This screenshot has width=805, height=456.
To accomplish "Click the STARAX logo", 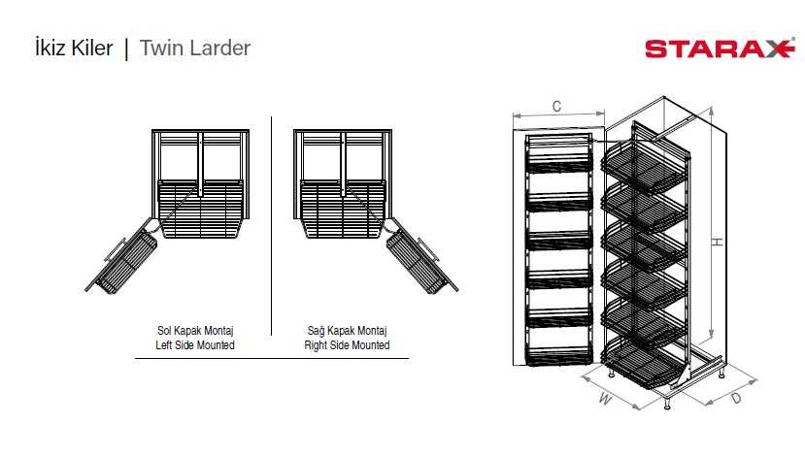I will [x=719, y=49].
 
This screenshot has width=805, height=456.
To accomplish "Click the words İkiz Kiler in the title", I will [x=74, y=48].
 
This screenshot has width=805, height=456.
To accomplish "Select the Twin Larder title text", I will [x=195, y=48].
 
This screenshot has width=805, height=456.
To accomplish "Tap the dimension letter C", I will [x=556, y=107].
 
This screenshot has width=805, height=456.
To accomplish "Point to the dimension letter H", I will [x=716, y=243].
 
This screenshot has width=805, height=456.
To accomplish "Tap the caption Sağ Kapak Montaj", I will [x=347, y=330].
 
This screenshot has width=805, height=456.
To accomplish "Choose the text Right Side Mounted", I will [x=347, y=344].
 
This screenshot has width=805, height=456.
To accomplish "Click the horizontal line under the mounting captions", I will [x=271, y=359].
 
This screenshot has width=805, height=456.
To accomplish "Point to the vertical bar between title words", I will [x=126, y=48].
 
